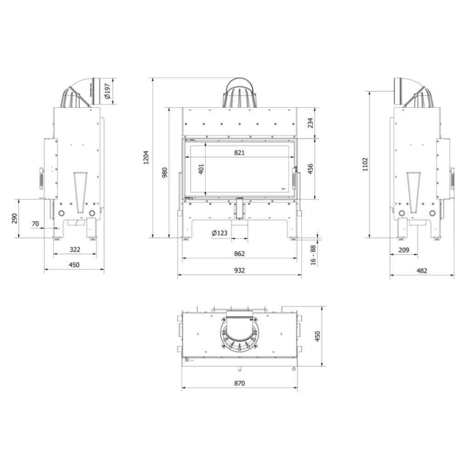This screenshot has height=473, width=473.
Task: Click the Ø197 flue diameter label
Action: [107, 91]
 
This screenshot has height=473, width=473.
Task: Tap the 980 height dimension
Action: [165, 172]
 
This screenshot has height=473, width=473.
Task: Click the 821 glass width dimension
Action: [239, 152]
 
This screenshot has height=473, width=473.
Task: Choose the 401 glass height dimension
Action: [200, 169]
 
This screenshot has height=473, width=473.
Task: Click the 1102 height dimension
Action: [365, 164]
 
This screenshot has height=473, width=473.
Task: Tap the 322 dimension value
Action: [75, 249]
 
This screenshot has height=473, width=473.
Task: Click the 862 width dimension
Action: [239, 253]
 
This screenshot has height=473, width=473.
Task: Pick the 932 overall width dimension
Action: [239, 270]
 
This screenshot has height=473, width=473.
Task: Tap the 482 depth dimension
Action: [421, 270]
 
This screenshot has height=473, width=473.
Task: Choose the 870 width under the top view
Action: [239, 383]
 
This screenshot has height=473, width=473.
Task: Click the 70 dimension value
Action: [35, 224]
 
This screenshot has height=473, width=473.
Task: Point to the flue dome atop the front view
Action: [239, 94]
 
